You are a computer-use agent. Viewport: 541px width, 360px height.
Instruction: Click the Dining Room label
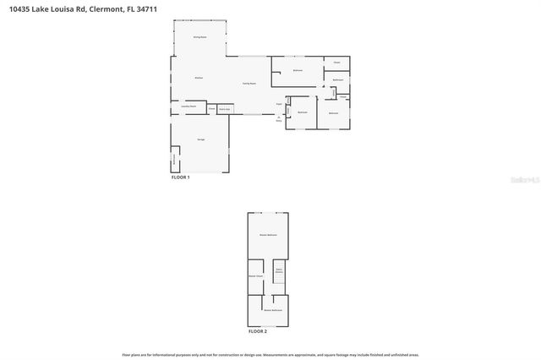click(x=199, y=37)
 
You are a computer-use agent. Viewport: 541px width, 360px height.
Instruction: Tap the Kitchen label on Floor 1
click(x=199, y=78)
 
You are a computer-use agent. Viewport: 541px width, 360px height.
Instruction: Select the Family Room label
click(x=249, y=83)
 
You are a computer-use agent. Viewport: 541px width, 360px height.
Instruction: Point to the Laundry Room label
click(x=189, y=106)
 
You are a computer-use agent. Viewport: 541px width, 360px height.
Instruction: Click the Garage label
click(x=201, y=139)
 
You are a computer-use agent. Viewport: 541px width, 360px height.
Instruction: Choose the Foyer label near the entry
click(x=278, y=105)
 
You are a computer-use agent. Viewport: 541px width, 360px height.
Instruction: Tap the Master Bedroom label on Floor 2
click(x=268, y=234)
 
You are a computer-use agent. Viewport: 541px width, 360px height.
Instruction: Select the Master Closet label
click(x=255, y=276)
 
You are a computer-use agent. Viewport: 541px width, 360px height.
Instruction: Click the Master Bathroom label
click(x=272, y=310)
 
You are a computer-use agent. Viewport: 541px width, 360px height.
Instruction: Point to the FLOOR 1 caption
click(x=181, y=177)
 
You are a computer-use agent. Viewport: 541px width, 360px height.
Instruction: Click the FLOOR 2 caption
click(x=257, y=332)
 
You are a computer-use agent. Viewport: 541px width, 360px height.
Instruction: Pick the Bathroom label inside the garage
click(x=175, y=157)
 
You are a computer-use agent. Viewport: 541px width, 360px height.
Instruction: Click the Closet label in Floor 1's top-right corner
click(x=336, y=63)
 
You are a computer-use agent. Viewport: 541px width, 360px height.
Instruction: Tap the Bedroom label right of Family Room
click(x=298, y=70)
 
